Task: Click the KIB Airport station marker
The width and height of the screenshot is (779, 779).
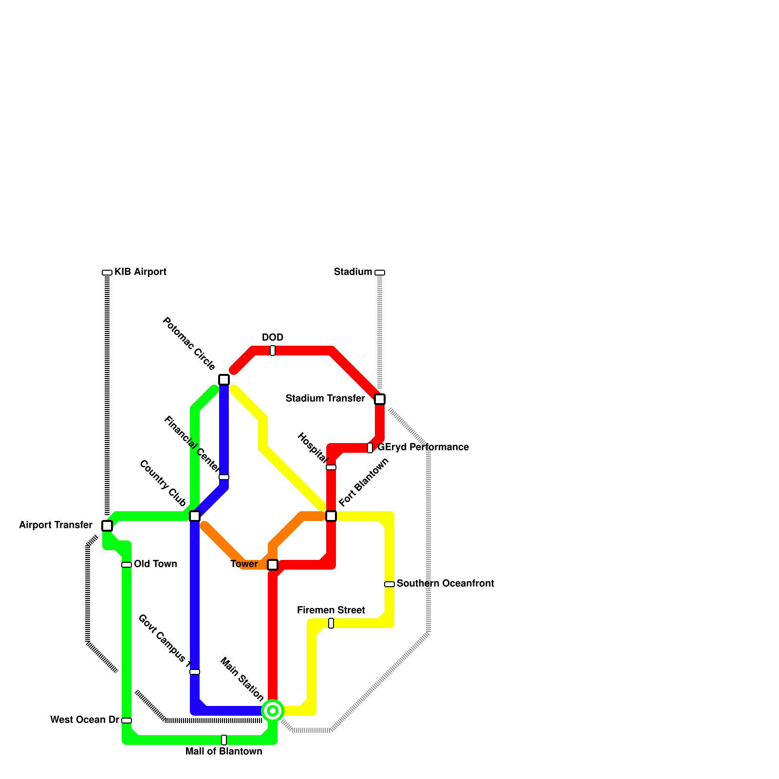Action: tap(107, 273)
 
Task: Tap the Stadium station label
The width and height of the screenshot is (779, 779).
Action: tap(352, 272)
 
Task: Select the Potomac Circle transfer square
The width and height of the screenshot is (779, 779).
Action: tap(224, 380)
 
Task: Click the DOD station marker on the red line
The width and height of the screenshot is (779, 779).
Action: tap(273, 351)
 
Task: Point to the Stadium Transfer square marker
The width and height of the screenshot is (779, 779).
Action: tap(380, 399)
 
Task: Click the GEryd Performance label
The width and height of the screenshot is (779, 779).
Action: tap(423, 447)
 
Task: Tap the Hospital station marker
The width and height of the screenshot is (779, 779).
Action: tap(331, 467)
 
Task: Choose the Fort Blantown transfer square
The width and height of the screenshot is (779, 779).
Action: tap(331, 516)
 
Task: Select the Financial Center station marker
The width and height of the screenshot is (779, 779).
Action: tap(224, 477)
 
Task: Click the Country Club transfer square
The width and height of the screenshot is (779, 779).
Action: tap(195, 516)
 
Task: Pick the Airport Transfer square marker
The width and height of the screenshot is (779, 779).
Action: tap(107, 526)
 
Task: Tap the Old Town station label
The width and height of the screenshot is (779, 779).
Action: tap(155, 564)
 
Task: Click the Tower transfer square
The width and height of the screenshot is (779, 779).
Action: tap(273, 565)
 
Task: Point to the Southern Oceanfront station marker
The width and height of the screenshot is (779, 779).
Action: tap(389, 584)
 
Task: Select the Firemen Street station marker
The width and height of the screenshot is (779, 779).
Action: tap(331, 623)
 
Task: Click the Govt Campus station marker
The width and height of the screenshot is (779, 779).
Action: tap(195, 672)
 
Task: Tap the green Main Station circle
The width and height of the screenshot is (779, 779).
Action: tap(273, 711)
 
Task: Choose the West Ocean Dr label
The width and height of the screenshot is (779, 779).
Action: tap(84, 720)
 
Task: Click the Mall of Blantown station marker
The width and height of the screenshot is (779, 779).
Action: tap(224, 740)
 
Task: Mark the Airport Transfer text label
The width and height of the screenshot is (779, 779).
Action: tap(56, 525)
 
